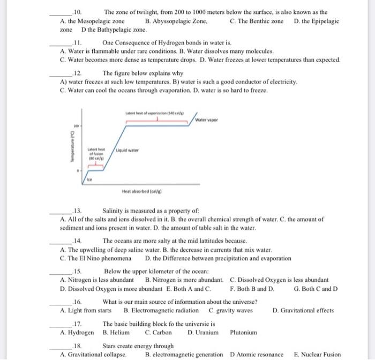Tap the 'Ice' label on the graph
pos(90,181)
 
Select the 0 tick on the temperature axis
pos(78,171)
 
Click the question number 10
pos(78,12)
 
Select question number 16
pos(78,302)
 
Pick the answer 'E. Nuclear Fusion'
pos(317,355)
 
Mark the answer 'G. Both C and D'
pos(316,288)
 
